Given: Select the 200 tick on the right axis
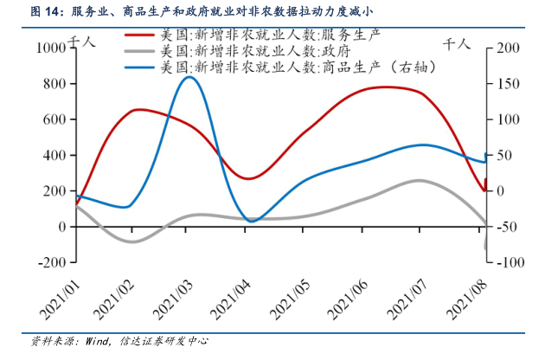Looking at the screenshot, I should click(x=505, y=48).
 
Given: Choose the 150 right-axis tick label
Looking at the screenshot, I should click(x=505, y=84).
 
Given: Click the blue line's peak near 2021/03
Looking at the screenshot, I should click(x=190, y=77).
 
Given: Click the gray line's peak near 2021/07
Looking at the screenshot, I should click(x=419, y=180).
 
